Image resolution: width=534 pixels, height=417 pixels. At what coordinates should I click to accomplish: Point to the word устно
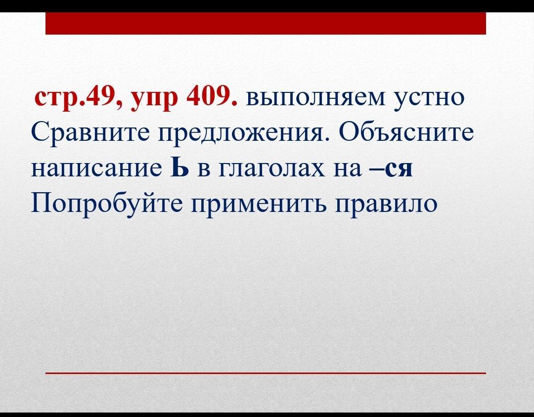click(x=429, y=99)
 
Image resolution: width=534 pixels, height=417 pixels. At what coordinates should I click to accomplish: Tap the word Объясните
click(x=406, y=131)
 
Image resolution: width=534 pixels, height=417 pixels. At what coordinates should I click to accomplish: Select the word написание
click(x=96, y=168)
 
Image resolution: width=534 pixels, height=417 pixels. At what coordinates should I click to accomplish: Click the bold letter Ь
click(x=179, y=167)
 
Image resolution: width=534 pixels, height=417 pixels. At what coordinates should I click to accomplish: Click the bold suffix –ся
click(x=391, y=168)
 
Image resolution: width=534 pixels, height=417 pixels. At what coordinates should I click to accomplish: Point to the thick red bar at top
click(x=266, y=23)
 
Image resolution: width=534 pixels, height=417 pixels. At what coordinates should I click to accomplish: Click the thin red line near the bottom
click(x=266, y=373)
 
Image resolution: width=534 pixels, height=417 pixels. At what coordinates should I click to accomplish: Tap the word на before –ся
click(x=348, y=169)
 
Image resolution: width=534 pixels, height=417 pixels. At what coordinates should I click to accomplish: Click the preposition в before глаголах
click(x=203, y=169)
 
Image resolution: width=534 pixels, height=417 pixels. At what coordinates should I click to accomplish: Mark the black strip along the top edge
click(x=267, y=6)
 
